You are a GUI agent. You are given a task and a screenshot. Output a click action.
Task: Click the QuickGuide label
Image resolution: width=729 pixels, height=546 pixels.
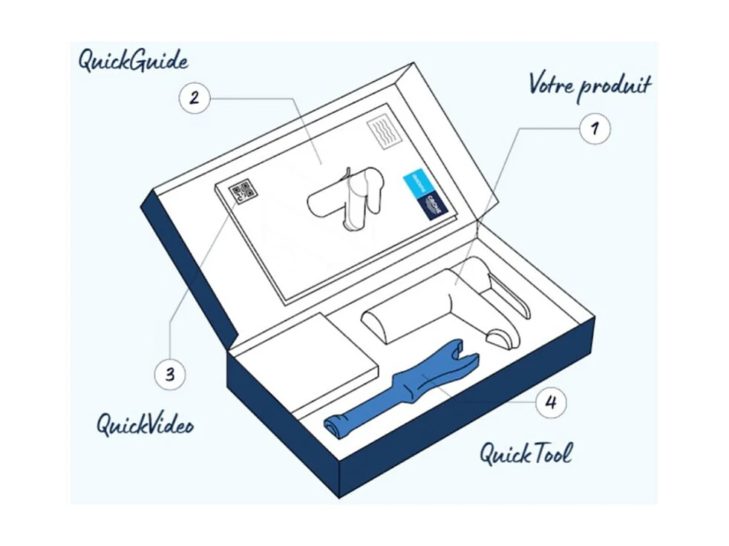pos(133,61)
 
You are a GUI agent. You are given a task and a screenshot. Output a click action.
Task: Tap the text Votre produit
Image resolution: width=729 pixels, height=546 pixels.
pos(589,85)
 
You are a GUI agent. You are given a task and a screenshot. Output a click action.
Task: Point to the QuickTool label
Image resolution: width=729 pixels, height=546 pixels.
pos(526,452)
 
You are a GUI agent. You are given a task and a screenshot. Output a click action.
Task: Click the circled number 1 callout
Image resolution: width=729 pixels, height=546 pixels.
pos(593,128)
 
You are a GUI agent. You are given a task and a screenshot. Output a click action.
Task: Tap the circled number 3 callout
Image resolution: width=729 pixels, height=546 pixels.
pos(171,374)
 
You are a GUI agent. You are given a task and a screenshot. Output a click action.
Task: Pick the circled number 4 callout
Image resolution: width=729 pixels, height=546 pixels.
pos(550,404)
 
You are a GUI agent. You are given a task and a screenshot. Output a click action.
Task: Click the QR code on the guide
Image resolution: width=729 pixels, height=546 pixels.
pos(242,191)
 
